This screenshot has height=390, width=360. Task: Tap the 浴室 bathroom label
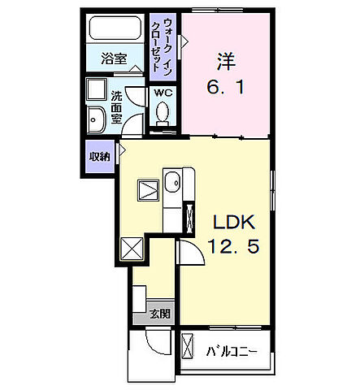pyautogui.click(x=114, y=59)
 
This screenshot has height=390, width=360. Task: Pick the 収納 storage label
pyautogui.click(x=98, y=157)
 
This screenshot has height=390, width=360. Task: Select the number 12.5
pyautogui.click(x=236, y=247)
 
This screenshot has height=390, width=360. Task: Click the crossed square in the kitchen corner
pyautogui.click(x=131, y=248)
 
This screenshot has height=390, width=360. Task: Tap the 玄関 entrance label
pyautogui.click(x=159, y=313)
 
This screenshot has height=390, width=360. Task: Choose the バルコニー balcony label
pyautogui.click(x=232, y=352)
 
